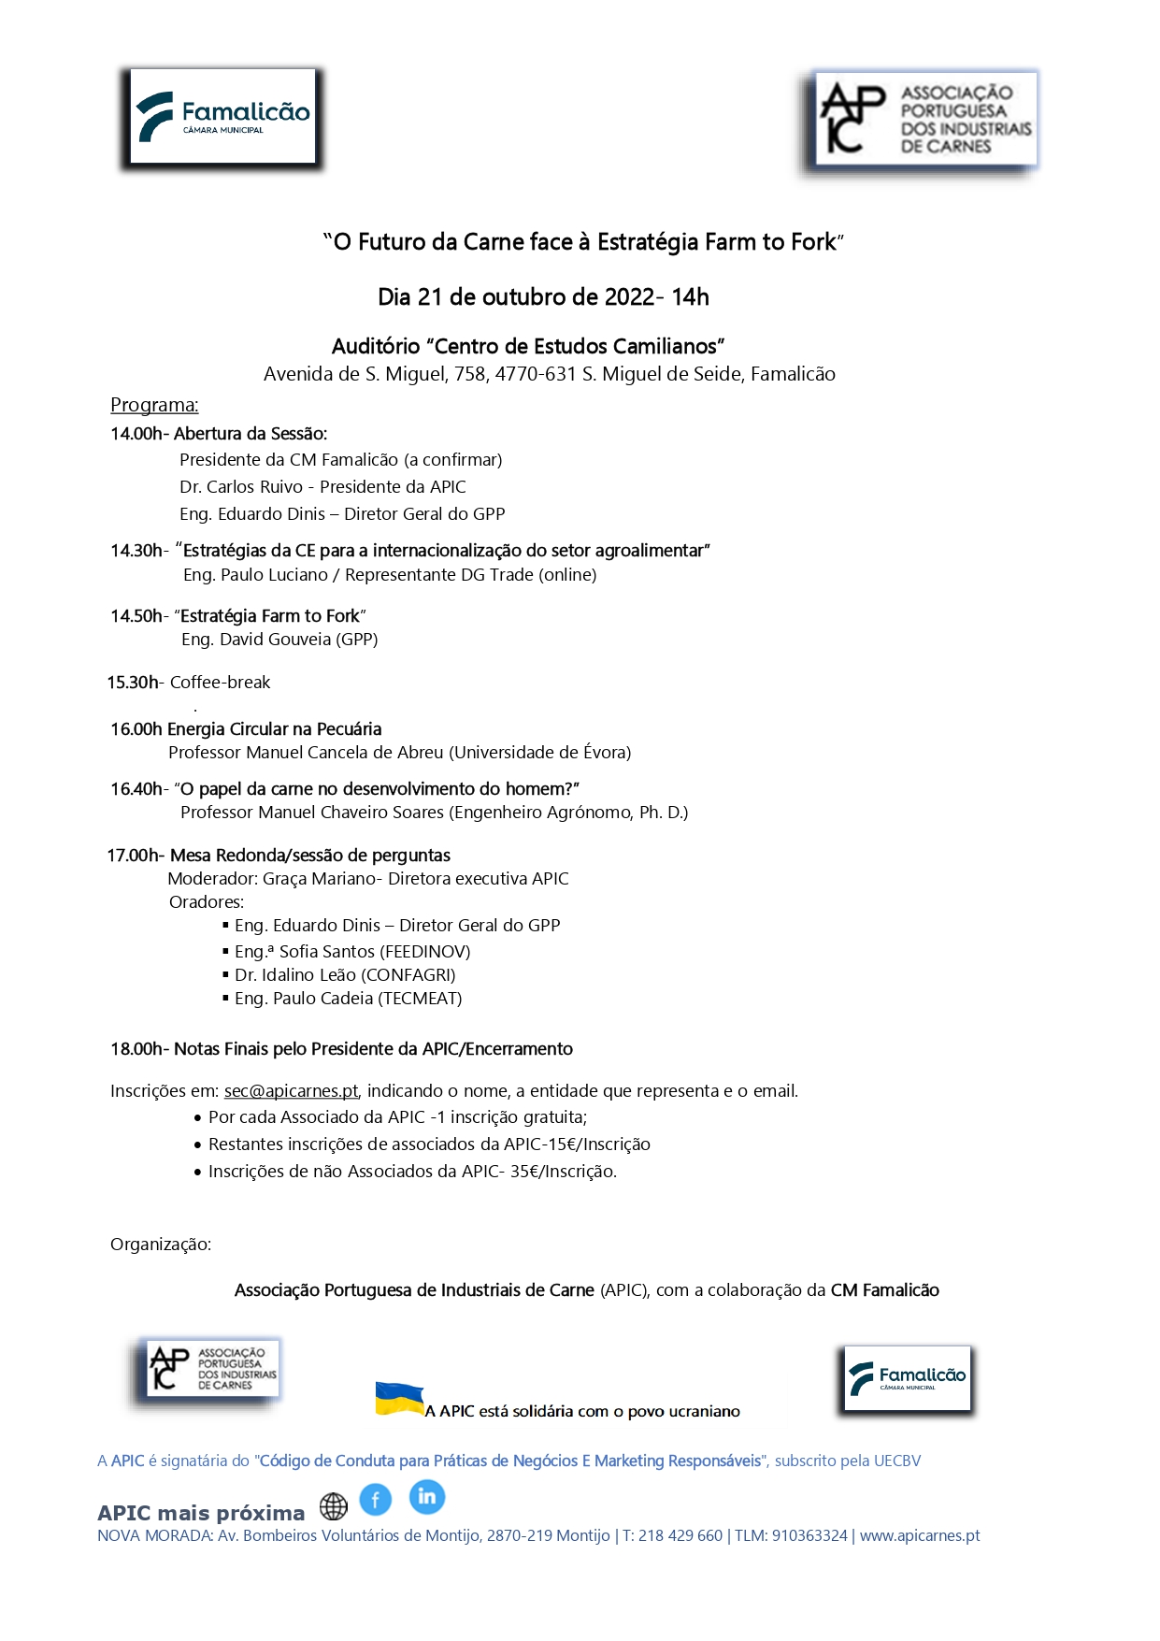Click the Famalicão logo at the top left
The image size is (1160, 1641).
tap(222, 117)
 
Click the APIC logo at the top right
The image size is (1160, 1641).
tap(924, 121)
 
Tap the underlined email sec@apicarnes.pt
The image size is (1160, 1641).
tap(292, 1090)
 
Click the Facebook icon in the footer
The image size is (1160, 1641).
tap(375, 1500)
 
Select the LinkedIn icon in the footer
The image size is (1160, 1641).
tap(426, 1496)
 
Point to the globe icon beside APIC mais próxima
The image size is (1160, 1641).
tap(334, 1506)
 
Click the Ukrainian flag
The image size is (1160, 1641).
tap(399, 1399)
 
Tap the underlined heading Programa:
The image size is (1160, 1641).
tap(154, 405)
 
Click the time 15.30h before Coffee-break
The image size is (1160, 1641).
tap(133, 683)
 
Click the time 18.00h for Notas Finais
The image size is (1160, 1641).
tap(136, 1049)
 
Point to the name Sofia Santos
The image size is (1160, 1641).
tap(326, 952)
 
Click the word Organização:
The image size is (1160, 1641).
tap(161, 1245)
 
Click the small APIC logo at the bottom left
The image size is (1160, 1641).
tap(213, 1369)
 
